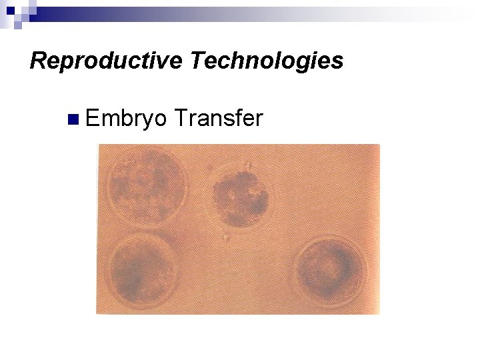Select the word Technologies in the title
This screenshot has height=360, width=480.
coord(267,61)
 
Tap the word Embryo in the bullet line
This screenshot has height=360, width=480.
coord(126,119)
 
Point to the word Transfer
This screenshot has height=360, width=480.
coord(218,119)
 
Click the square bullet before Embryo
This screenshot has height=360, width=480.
coord(73,120)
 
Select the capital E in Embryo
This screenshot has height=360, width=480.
coord(92,119)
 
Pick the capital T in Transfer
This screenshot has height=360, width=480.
coord(179,119)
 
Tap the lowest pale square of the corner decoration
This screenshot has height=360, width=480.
coord(18,25)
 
